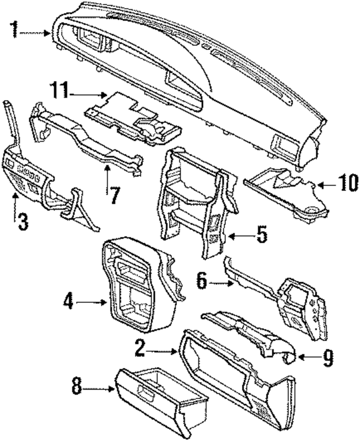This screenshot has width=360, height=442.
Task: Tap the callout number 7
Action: (113, 195)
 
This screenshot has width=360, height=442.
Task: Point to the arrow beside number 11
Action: (88, 95)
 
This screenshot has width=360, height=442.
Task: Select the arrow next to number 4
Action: (91, 302)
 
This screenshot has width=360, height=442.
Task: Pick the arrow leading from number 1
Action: (35, 33)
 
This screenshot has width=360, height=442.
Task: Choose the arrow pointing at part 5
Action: (237, 236)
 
